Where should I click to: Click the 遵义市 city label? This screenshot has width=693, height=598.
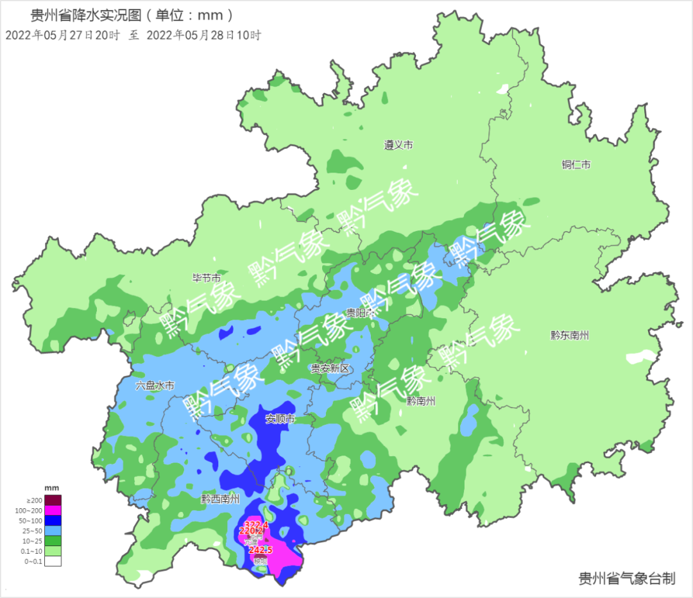coord(398,146)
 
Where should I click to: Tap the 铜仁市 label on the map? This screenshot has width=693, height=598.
coord(576,165)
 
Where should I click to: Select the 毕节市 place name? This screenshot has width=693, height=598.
coord(207,278)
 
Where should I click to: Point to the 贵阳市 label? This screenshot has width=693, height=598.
coord(360,313)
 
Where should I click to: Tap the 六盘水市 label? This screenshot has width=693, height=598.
coord(155,386)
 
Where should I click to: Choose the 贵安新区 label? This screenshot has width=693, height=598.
coord(329,368)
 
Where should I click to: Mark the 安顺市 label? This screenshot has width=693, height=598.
coord(280,419)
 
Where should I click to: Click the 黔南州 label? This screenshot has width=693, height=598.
coord(420,401)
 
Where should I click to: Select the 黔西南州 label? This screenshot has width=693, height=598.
coord(220,499)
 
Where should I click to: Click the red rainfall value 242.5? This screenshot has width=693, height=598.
coord(260,550)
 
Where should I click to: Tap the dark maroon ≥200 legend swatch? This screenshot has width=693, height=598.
coord(53,500)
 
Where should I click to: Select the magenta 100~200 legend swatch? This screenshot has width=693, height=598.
coord(53,510)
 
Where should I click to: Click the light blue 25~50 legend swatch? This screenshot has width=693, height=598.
coord(53,531)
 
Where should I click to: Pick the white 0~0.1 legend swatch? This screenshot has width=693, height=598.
coord(53,561)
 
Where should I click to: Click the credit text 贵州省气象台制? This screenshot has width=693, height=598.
coord(626,579)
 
